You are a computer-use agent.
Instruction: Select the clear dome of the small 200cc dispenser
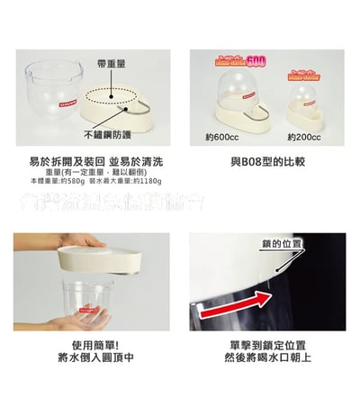click(310, 97)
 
